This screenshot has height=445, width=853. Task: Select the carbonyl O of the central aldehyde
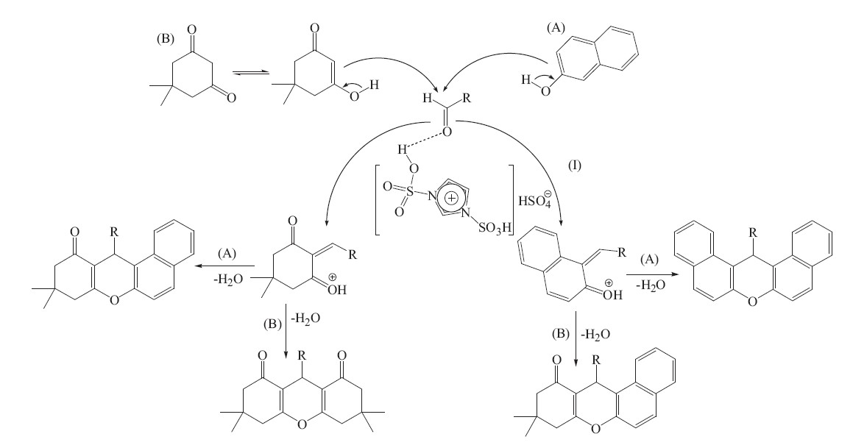pos(447,132)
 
